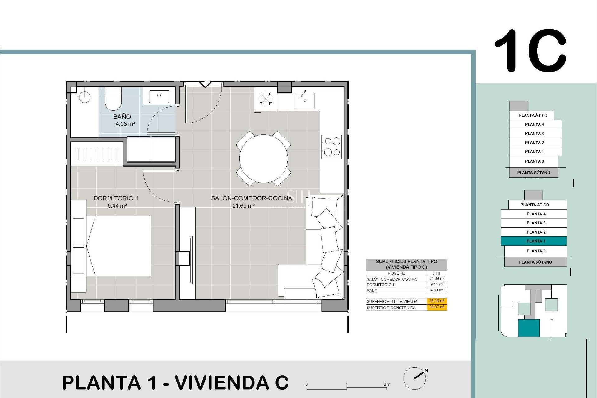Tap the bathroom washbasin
(159, 96)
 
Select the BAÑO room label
(122, 117)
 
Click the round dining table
(263, 158)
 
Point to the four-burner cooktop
(331, 146)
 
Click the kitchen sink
(305, 100)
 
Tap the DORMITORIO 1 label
(116, 198)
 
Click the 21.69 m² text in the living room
(243, 206)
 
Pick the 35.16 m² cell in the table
(437, 301)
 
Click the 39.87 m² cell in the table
(437, 307)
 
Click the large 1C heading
(530, 51)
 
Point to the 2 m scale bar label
(387, 384)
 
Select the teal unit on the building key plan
(529, 328)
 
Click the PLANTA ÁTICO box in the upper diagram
(533, 115)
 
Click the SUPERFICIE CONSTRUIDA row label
(391, 308)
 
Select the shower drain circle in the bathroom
(84, 97)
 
